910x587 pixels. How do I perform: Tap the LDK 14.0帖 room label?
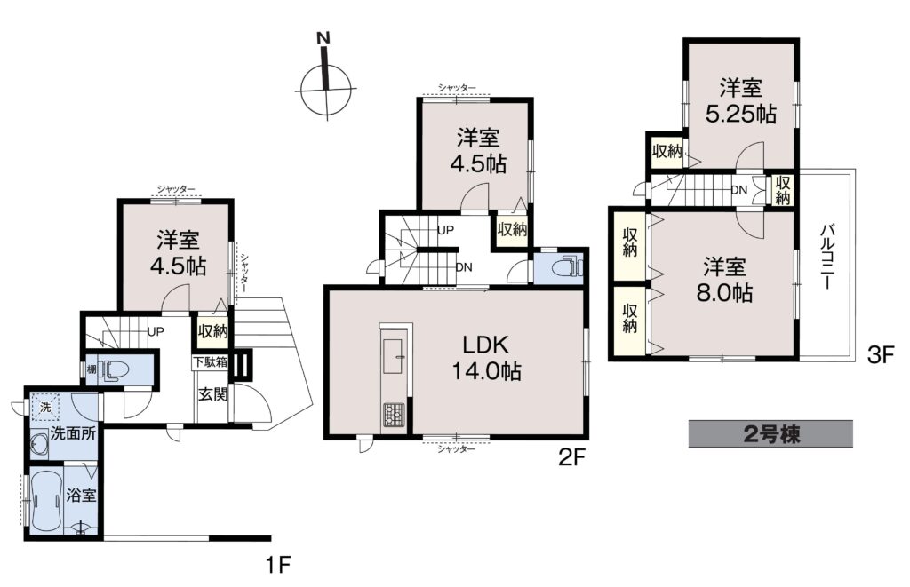486,357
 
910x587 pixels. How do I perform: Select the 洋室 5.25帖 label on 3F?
741,101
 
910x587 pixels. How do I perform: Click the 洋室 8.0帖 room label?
725,280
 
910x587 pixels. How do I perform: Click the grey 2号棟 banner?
770,433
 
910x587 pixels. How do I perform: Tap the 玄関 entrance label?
213,394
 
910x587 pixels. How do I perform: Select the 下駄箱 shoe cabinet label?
210,361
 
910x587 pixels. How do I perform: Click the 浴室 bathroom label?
81,496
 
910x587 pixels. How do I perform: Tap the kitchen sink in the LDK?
395,352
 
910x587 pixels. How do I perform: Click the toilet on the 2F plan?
566,267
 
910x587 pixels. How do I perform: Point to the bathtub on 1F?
44,496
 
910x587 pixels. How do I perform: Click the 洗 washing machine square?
45,407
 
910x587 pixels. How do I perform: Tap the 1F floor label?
277,564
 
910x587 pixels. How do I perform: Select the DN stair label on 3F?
738,190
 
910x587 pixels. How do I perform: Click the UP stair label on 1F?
156,331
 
